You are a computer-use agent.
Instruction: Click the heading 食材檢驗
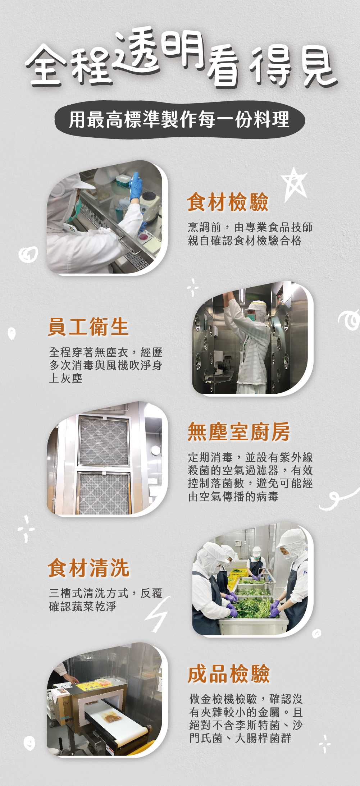coord(228,202)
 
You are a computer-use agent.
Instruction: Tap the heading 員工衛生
coord(88,327)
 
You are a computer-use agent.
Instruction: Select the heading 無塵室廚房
coord(239,431)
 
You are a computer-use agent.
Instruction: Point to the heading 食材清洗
coord(88,568)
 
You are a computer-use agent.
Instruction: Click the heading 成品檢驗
coord(229,674)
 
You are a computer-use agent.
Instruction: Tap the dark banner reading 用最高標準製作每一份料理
coord(180,120)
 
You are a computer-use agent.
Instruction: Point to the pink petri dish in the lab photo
coord(144,236)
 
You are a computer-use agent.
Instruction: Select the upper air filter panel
coord(104,441)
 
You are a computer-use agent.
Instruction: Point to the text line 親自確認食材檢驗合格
coord(245,241)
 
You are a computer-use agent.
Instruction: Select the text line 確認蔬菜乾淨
coord(83,607)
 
